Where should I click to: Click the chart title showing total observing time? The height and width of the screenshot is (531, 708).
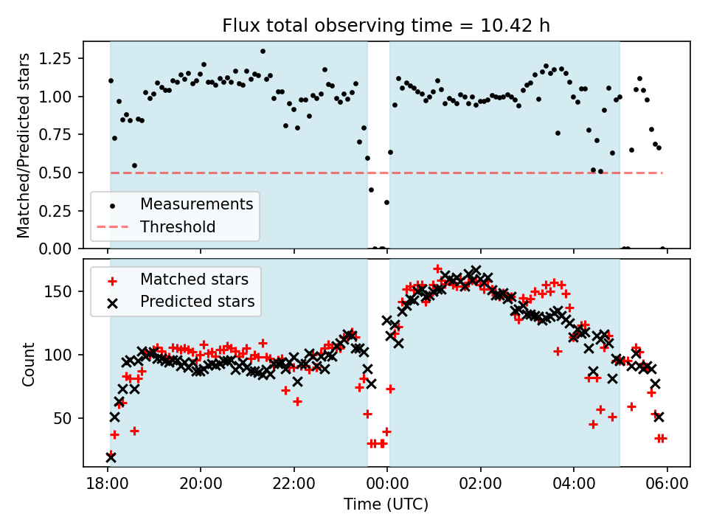point(386,26)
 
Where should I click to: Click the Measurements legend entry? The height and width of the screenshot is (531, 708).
point(196,204)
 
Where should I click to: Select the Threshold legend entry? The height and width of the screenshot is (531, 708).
point(178,226)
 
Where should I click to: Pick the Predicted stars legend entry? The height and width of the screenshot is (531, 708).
point(197,301)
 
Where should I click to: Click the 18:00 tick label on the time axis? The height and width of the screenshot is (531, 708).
point(108,486)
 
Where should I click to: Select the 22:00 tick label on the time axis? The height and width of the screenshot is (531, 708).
point(294,486)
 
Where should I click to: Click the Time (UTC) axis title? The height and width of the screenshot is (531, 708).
point(386,505)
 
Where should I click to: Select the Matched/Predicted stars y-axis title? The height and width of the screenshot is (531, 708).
point(24,145)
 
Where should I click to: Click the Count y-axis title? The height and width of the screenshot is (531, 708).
point(29,364)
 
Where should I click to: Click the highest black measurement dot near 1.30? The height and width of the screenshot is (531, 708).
point(263,52)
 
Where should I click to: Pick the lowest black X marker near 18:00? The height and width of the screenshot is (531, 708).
point(111,457)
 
